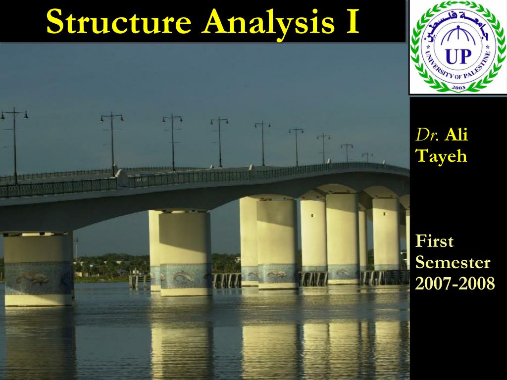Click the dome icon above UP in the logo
point(457,37)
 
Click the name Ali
point(456,135)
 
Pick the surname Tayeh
point(441,156)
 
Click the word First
point(435,242)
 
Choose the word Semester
point(453,263)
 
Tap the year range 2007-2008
point(455,284)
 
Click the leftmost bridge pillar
point(38,267)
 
